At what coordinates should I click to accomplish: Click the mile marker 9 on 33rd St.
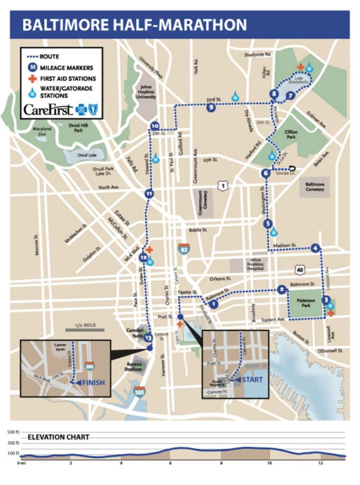click(x=211, y=108)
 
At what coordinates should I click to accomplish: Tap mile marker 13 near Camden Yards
click(x=148, y=337)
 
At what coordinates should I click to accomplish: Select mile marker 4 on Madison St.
click(x=315, y=248)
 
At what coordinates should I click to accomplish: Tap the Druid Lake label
click(x=77, y=155)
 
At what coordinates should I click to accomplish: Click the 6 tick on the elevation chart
click(x=171, y=463)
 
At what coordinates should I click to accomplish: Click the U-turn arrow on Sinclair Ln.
click(x=292, y=169)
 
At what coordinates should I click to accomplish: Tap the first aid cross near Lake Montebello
click(x=300, y=67)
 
